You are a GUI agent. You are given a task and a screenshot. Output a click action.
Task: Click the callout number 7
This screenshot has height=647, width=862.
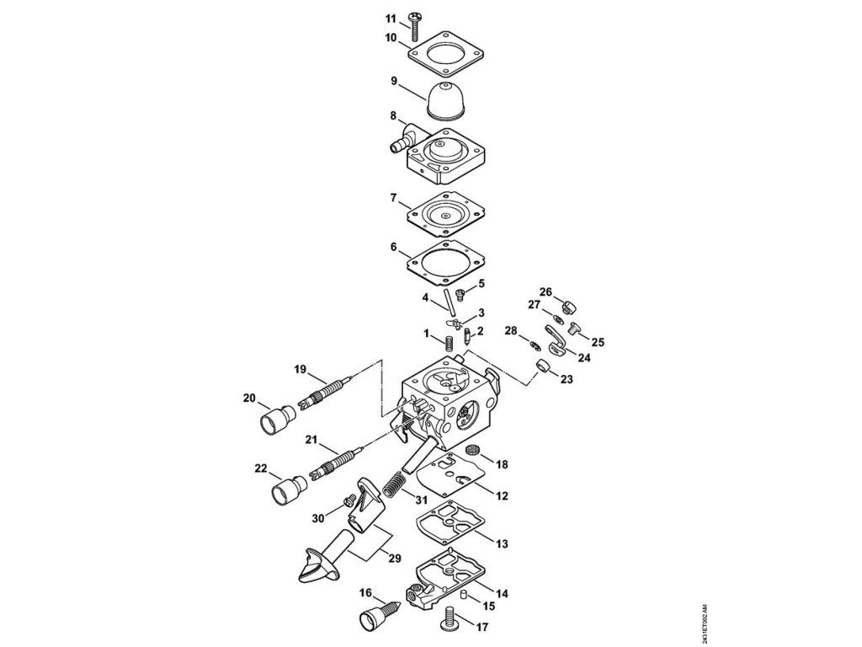pyautogui.click(x=392, y=198)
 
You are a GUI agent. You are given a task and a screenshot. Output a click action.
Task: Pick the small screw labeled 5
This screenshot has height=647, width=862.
pyautogui.click(x=460, y=294)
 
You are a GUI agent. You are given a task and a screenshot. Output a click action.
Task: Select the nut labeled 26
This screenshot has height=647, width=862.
pyautogui.click(x=569, y=304)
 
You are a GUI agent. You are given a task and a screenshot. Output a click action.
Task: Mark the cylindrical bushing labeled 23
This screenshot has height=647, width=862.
pyautogui.click(x=544, y=367)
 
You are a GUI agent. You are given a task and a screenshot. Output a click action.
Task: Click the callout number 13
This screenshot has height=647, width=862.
pyautogui.click(x=502, y=544)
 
